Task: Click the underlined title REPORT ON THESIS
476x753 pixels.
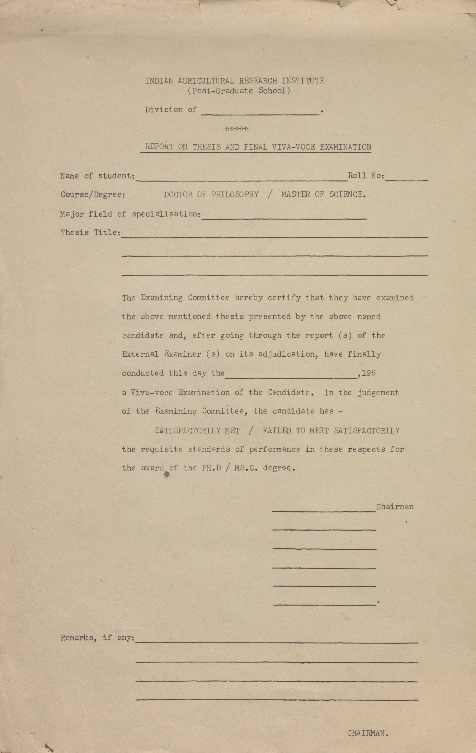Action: click(258, 147)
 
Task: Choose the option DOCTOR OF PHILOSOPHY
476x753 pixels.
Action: click(211, 195)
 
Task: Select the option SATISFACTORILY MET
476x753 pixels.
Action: click(197, 431)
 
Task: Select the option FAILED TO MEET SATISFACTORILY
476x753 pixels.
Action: click(331, 431)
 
